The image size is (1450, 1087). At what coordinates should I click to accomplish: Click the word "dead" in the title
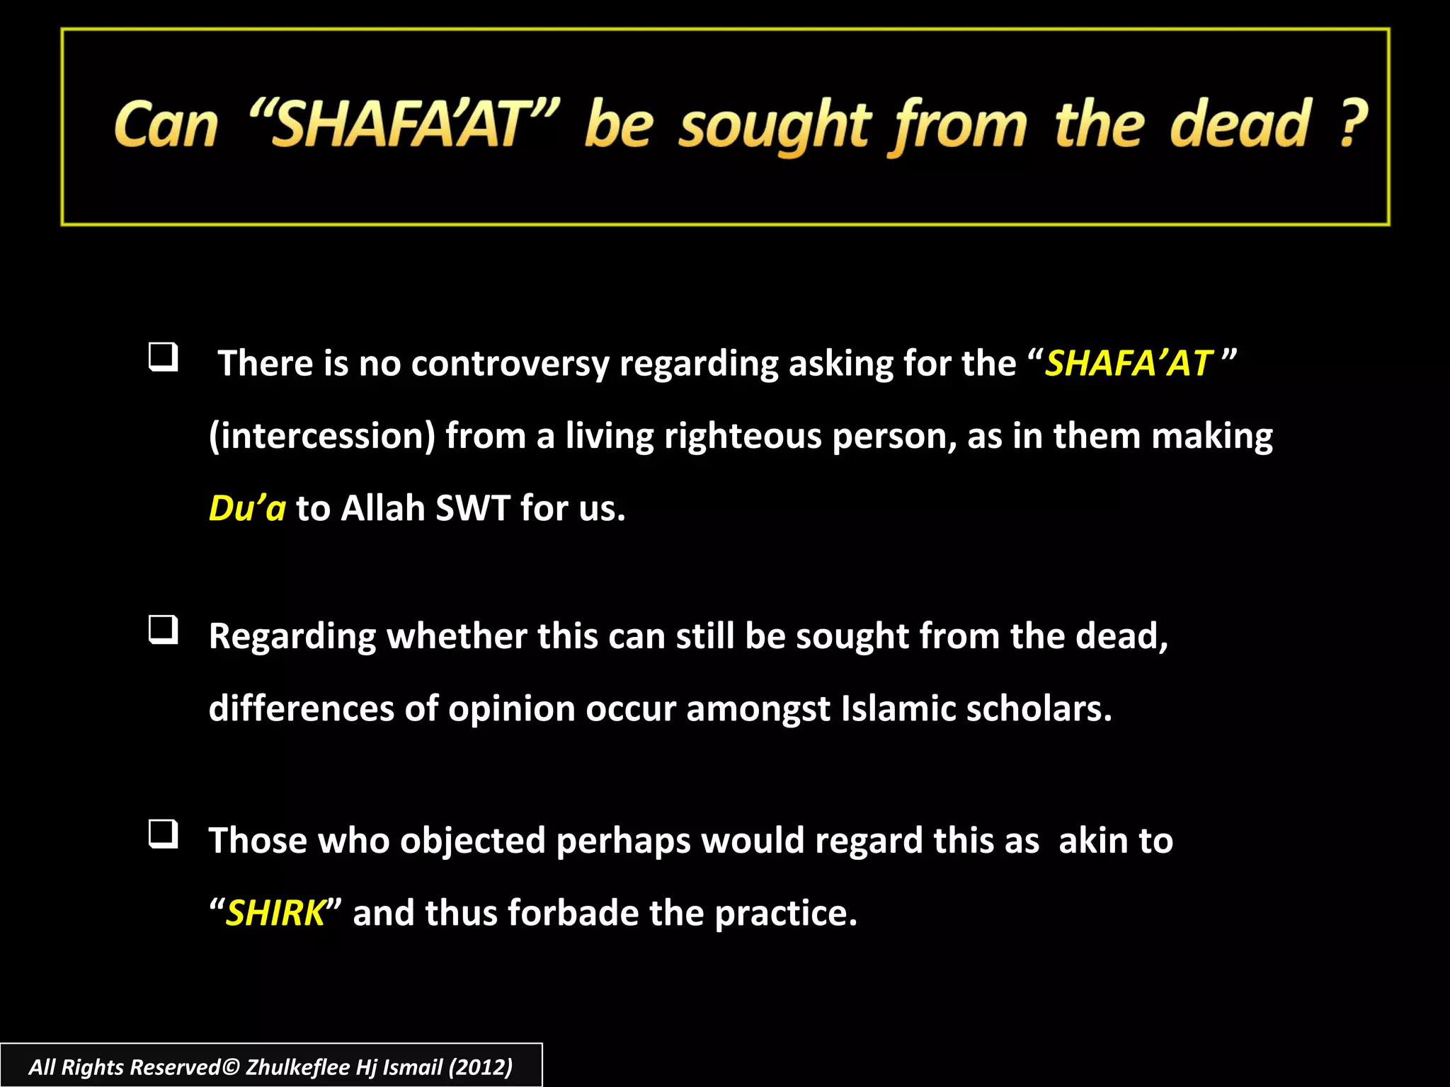coord(1240,125)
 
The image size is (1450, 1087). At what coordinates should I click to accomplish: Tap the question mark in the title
coord(1353,125)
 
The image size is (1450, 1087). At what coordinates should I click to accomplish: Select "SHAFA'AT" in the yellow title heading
coord(404,125)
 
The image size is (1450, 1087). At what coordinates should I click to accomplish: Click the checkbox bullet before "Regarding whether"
coord(163,629)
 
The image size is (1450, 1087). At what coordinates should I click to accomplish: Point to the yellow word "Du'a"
coord(247,508)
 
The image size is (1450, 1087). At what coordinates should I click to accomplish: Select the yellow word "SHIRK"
coord(275,913)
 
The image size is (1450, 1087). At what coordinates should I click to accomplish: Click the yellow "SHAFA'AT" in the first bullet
coord(1129,363)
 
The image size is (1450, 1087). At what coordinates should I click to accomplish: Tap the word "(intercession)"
coord(322,436)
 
